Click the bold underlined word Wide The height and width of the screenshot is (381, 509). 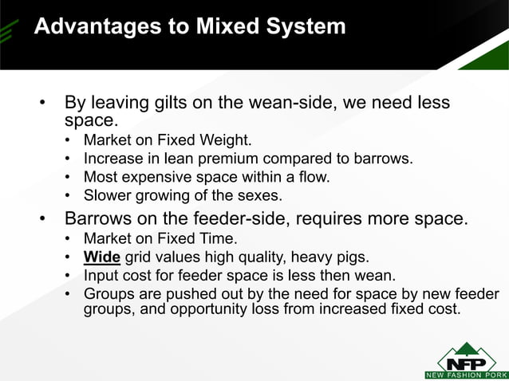(102, 257)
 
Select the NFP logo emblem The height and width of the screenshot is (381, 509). (466, 355)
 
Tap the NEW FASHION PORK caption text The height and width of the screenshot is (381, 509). (466, 375)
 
